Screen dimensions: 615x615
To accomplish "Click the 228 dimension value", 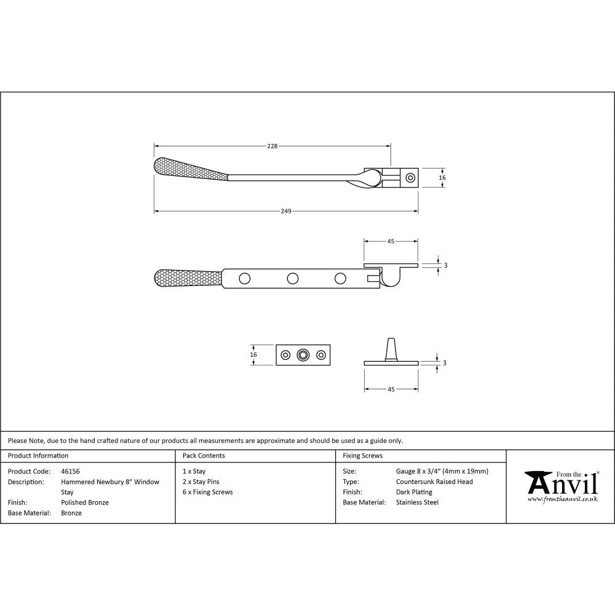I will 272,146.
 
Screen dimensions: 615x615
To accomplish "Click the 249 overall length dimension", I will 286,211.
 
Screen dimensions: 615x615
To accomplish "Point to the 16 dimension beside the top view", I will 442,178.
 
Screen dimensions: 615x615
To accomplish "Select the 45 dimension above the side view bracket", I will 391,242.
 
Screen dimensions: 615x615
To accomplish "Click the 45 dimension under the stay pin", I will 391,389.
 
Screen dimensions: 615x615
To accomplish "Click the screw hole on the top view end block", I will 410,178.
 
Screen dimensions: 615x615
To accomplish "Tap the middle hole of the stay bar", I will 293,279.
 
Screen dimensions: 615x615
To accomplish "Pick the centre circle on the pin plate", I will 303,355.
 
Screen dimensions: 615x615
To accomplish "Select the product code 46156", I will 70,472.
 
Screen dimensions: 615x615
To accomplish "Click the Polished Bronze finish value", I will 85,502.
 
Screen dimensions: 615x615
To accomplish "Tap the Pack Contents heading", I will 204,456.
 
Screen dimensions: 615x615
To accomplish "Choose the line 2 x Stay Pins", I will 200,482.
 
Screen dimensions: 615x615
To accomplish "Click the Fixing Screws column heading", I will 362,456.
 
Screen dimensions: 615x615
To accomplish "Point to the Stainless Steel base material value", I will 418,502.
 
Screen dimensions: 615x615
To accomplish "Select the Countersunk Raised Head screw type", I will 434,482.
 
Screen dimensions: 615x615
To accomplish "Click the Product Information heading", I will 38,456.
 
